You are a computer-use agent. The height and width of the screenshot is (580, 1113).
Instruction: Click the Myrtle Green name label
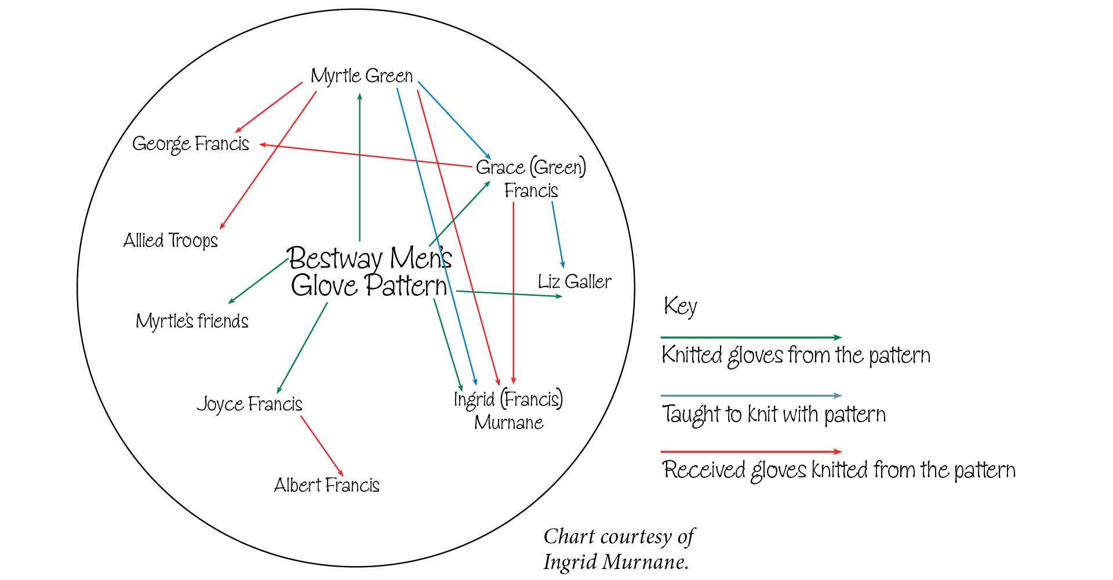pos(362,76)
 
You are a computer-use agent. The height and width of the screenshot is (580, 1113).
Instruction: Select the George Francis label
pos(191,144)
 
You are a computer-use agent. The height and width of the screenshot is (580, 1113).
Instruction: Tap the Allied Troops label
pos(170,240)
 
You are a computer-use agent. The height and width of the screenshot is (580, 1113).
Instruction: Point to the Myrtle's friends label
pos(192,321)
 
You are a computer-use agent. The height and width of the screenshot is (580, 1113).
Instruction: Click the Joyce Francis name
pos(250,404)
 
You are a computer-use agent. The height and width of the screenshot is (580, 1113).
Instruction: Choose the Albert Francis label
pos(326,485)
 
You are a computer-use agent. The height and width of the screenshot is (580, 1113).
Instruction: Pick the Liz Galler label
pos(574,282)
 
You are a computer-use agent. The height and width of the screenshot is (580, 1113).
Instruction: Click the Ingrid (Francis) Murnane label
pos(508,410)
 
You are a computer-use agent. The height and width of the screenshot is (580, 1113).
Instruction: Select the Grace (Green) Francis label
pos(531,179)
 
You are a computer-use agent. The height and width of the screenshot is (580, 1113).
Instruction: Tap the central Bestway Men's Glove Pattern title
pos(369,271)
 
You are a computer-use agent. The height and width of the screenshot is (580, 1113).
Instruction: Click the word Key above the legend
pos(680,306)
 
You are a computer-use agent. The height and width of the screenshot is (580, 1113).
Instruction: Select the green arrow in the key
pos(751,337)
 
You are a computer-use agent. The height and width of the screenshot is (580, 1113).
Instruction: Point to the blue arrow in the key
pos(751,396)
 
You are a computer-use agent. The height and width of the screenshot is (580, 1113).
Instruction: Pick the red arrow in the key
pos(751,451)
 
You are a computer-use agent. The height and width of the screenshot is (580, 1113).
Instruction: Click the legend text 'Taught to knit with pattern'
pos(774,414)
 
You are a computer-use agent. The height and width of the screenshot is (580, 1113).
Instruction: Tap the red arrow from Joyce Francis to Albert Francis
pos(322,446)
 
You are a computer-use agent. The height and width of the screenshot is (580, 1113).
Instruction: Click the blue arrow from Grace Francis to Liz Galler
pos(558,235)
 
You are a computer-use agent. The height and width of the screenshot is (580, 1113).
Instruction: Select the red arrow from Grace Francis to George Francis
pos(365,155)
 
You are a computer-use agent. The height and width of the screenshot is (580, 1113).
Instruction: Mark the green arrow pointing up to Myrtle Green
pos(359,167)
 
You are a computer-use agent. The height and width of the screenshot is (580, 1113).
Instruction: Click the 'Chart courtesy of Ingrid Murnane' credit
pos(619,549)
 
